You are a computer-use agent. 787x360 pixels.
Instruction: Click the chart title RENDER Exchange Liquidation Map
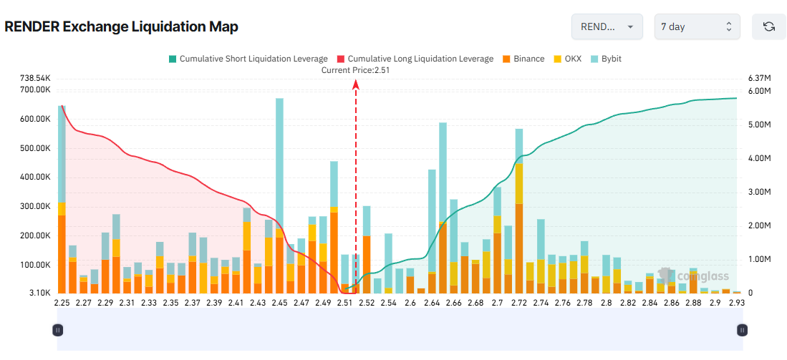[121, 26]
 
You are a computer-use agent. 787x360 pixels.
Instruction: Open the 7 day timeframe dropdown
[697, 26]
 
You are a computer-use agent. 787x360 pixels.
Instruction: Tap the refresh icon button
[768, 26]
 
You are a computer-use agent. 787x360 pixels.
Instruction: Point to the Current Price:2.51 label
[355, 69]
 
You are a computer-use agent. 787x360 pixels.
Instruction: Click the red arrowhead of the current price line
[356, 84]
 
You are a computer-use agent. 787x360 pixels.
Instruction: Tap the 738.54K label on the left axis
[35, 77]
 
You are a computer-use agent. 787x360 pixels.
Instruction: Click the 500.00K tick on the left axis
[35, 148]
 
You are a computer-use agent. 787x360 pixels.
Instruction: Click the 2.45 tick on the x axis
[279, 303]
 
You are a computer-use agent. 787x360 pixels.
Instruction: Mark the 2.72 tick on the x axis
[519, 303]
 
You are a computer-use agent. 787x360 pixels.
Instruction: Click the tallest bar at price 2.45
[279, 193]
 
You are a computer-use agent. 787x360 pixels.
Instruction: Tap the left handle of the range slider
[58, 330]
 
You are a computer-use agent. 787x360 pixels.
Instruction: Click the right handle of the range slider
[743, 330]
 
